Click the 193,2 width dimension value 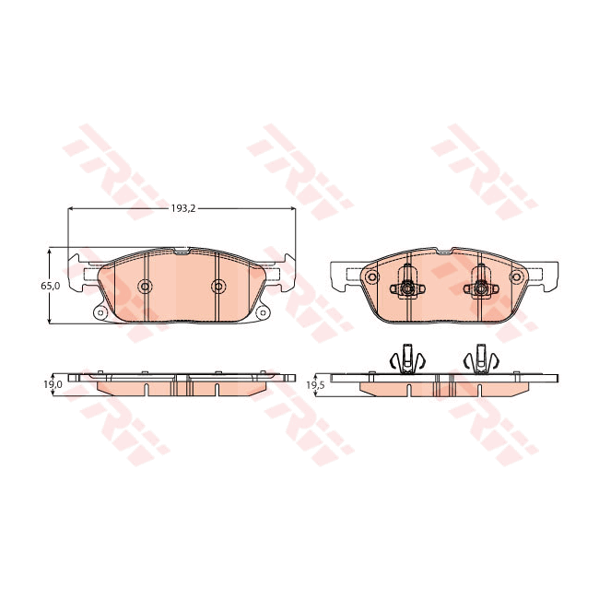coord(182,209)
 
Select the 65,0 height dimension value coord(50,286)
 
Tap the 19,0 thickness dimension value coord(53,383)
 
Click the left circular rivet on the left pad coord(145,286)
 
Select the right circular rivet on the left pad coord(217,286)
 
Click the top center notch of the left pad coord(182,250)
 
